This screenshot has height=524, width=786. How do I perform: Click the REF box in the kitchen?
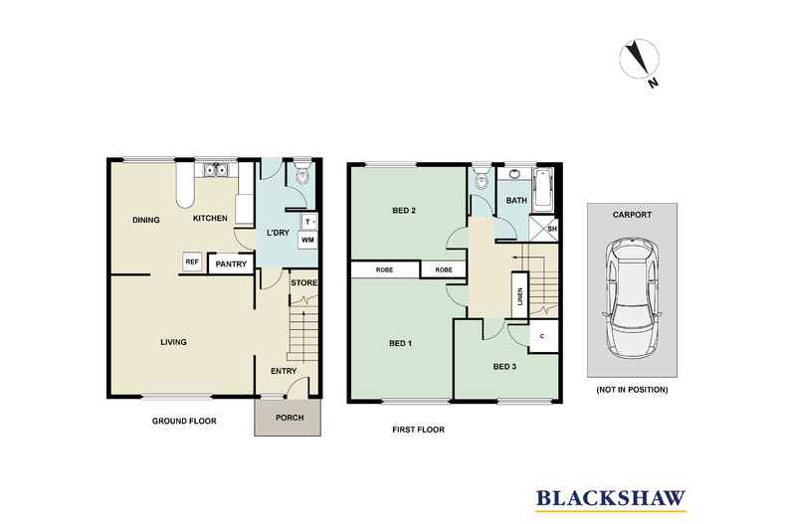point(192,262)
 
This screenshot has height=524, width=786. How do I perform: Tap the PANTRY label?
point(231,264)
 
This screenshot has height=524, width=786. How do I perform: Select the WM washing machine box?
point(307,240)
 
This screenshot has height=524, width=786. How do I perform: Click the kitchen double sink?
point(217,170)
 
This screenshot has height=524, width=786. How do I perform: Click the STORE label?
point(304,282)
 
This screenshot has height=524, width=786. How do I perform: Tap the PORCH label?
point(290,418)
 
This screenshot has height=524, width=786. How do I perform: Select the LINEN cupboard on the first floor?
point(519,295)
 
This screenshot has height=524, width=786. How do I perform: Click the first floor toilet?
point(482,177)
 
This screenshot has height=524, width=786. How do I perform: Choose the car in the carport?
point(632,297)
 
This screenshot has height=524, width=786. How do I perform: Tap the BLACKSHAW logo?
point(611,500)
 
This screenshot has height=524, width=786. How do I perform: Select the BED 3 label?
point(504,367)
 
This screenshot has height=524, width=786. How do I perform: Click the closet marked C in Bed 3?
point(543,337)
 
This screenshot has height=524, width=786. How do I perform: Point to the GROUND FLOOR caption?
point(184,422)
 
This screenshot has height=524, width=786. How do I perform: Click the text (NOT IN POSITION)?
point(632,389)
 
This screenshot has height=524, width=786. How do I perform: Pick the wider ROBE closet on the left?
point(384,270)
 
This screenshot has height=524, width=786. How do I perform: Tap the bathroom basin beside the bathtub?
point(514,175)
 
